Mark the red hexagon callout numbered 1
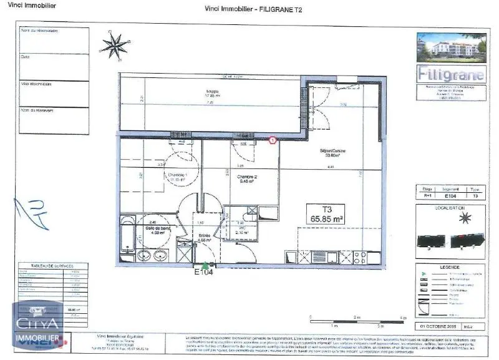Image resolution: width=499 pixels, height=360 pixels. (272, 141)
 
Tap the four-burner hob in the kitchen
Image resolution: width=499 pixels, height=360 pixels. (361, 256)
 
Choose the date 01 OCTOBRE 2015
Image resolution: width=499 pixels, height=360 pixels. (439, 326)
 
